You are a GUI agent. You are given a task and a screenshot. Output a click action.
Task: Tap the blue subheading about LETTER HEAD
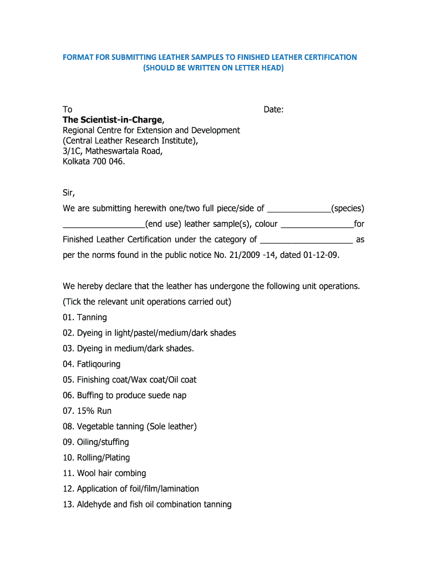coord(213,68)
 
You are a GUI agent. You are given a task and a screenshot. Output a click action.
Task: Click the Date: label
coord(273,110)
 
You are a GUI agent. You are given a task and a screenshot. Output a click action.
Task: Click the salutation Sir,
coord(68,193)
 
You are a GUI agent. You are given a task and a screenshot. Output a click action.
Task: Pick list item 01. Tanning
coord(85,317)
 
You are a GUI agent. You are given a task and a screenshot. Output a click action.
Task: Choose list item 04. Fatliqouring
coord(91,364)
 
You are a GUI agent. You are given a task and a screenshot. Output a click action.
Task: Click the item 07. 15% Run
coord(87,411)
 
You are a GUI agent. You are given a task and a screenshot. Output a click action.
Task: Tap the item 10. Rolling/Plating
coord(96,458)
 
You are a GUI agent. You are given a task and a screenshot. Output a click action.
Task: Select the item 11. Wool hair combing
coord(104,473)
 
